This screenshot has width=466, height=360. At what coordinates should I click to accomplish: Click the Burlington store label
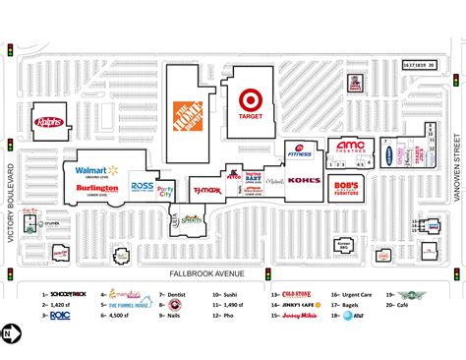96,187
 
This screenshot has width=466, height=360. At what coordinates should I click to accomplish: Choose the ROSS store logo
142,186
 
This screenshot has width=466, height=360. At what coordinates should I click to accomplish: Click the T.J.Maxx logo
206,190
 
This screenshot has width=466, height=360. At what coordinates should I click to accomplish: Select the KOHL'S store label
305,180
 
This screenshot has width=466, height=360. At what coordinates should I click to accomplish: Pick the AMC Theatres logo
350,147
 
